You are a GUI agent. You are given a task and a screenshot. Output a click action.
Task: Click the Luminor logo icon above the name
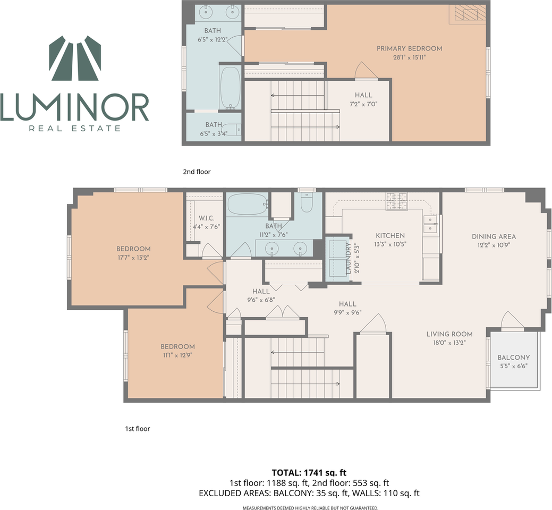[75, 58]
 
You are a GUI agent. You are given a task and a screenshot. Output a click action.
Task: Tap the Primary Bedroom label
[410, 48]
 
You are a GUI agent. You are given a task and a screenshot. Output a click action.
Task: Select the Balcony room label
[514, 357]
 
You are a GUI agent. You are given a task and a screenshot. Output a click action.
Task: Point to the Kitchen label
[390, 235]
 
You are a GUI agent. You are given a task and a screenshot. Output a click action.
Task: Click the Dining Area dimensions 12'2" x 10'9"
[494, 245]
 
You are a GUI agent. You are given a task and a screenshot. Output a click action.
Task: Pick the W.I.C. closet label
[206, 218]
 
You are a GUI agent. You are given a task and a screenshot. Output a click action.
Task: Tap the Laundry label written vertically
[349, 258]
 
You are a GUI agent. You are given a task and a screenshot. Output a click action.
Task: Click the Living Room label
[449, 334]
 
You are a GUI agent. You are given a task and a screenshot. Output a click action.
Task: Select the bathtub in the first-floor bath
[248, 204]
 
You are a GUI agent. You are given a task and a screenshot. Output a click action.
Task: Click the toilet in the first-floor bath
[306, 202]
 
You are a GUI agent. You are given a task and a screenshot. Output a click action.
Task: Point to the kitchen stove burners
[397, 201]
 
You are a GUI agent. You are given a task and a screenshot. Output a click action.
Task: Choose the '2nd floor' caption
[197, 172]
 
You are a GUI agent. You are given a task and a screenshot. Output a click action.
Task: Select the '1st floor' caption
[138, 429]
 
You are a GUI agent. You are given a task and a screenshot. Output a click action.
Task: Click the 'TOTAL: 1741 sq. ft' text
[309, 473]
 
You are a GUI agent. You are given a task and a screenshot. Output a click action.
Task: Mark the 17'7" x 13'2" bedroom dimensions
[133, 258]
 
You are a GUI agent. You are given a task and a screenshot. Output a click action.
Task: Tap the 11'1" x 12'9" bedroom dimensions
[178, 355]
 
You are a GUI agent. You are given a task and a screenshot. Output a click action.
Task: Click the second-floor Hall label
[363, 95]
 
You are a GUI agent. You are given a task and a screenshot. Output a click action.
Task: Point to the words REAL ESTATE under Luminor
[75, 129]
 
